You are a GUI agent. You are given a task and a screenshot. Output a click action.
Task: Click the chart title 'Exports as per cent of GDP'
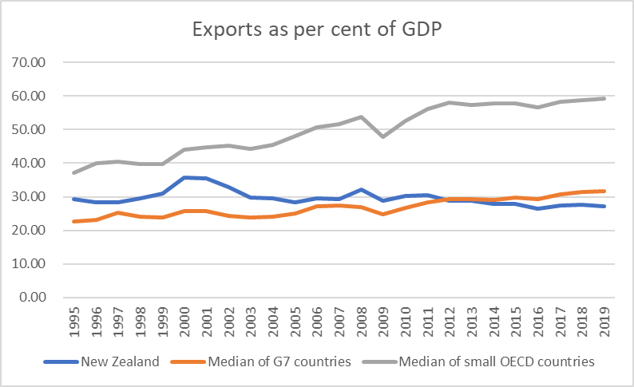(317, 31)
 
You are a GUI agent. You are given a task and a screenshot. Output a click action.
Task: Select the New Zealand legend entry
(120, 361)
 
